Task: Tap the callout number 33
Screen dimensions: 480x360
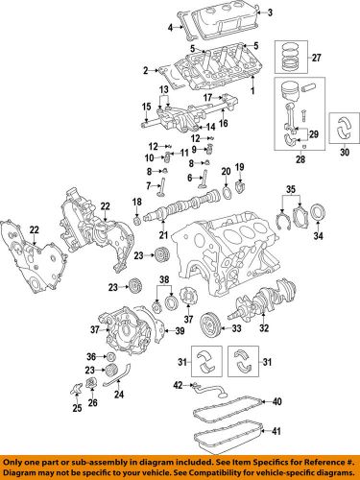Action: pos(234,329)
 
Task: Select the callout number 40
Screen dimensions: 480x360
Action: pos(276,400)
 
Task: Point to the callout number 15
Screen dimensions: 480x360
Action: pos(147,106)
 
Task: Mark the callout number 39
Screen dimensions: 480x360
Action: pos(179,331)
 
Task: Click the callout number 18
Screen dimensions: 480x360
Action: pos(137,202)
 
